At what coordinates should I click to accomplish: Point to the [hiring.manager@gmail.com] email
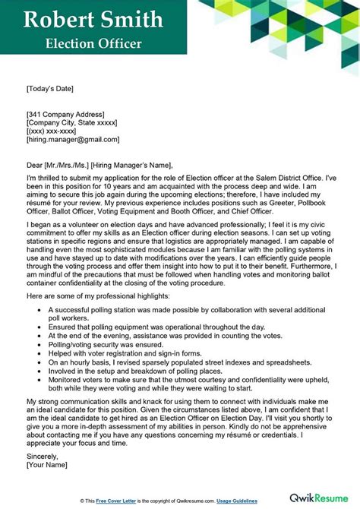coord(72,140)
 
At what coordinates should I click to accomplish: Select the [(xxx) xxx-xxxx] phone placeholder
coord(54,131)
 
